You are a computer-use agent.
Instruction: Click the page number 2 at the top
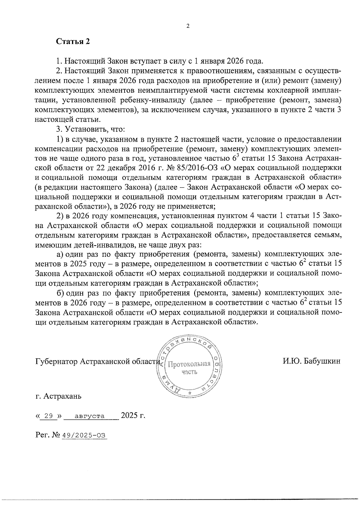click(188, 26)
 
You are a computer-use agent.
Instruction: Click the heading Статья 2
click(73, 41)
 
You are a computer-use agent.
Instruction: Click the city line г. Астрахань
click(58, 396)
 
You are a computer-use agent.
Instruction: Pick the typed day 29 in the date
click(49, 416)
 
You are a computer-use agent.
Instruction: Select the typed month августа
click(90, 416)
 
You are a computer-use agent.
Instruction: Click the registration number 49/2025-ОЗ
click(84, 436)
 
